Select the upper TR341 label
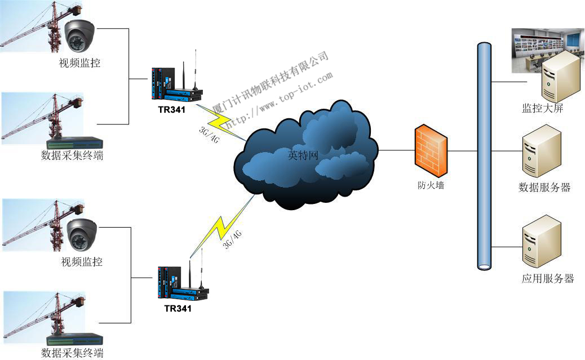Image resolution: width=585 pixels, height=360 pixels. pyautogui.click(x=171, y=109)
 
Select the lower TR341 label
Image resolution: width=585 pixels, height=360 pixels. pyautogui.click(x=178, y=309)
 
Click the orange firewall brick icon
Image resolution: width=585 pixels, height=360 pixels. pyautogui.click(x=431, y=152)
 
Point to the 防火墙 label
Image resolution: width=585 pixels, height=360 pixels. pyautogui.click(x=431, y=185)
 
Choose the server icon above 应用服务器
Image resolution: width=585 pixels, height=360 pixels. pyautogui.click(x=542, y=241)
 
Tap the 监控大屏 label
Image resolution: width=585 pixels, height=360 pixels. pyautogui.click(x=542, y=109)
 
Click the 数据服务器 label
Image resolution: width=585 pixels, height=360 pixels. pyautogui.click(x=544, y=188)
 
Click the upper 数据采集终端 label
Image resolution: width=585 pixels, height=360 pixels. pyautogui.click(x=72, y=155)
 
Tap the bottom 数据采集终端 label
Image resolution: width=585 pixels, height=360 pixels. pyautogui.click(x=72, y=353)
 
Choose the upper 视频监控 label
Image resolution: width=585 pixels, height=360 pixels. pyautogui.click(x=79, y=63)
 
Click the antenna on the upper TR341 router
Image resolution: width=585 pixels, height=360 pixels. pyautogui.click(x=195, y=68)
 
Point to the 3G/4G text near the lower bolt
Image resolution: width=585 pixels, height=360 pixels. pyautogui.click(x=232, y=239)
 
